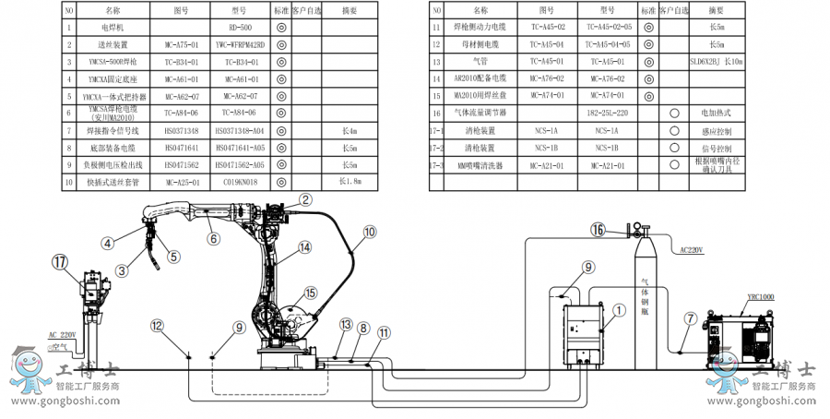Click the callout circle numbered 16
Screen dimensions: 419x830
[599, 229]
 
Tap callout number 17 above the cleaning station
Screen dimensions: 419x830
[60, 262]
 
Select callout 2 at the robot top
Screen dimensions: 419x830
[305, 198]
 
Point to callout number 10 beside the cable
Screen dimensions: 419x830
[369, 233]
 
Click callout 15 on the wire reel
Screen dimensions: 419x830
[310, 293]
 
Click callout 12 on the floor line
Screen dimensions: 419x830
[157, 326]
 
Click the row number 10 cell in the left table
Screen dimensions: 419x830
[69, 181]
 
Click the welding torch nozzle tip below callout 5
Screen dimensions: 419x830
[160, 267]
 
